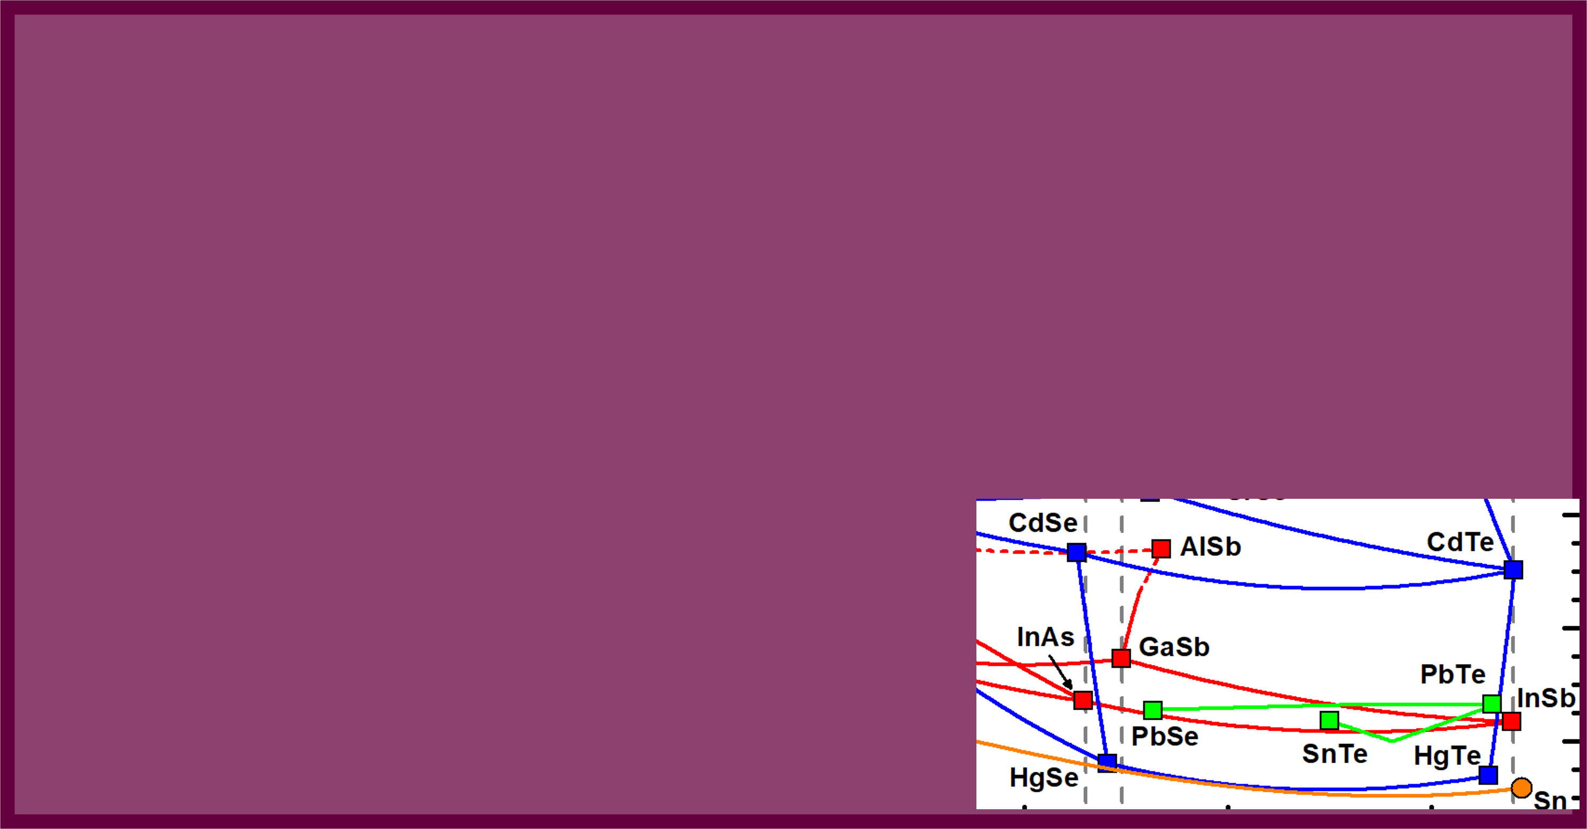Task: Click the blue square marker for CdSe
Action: point(1076,552)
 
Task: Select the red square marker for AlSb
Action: point(1161,548)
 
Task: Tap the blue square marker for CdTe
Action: point(1513,570)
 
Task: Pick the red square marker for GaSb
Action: point(1121,658)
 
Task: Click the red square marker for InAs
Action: point(1083,700)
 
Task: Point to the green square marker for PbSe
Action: point(1153,710)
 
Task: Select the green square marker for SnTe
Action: point(1329,720)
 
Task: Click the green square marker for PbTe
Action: point(1492,703)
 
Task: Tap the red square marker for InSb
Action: point(1511,721)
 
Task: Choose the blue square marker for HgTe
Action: point(1488,775)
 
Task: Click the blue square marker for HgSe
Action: point(1107,762)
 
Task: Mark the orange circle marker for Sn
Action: point(1522,788)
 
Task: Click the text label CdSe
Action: point(1043,523)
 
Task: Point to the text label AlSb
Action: point(1210,547)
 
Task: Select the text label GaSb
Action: point(1174,647)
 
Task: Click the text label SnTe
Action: point(1334,754)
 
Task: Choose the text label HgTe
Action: point(1447,756)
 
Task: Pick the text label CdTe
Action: point(1460,543)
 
